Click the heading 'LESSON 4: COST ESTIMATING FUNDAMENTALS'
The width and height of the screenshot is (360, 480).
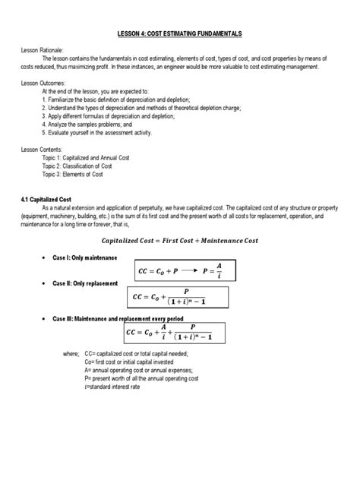(x=179, y=34)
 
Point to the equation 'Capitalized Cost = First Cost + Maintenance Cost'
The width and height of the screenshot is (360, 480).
(x=180, y=241)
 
